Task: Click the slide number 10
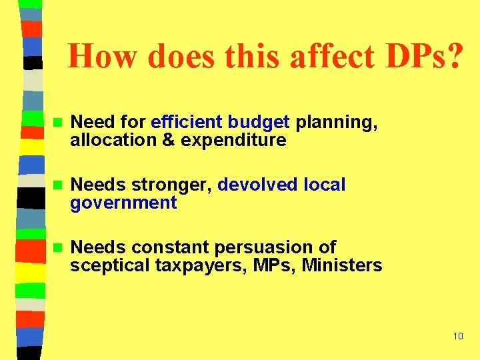pos(457,336)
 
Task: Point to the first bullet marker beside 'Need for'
pos(57,123)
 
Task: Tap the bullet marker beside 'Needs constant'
pos(57,248)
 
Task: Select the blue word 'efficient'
pos(187,123)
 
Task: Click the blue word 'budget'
pos(258,123)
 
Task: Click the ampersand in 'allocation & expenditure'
pos(169,141)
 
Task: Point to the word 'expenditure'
pos(233,141)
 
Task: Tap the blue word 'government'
pos(123,203)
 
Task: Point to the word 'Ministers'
pos(342,266)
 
